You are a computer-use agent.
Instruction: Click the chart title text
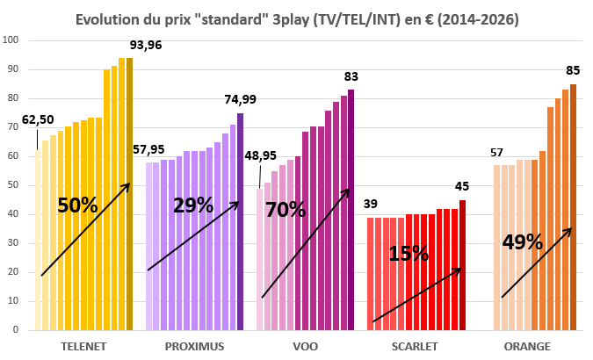click(x=296, y=18)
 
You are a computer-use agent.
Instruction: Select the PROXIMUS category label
click(x=194, y=346)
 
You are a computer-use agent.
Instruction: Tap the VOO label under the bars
click(x=306, y=346)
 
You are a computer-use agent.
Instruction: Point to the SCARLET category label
click(x=416, y=346)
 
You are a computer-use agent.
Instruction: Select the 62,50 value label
click(x=39, y=119)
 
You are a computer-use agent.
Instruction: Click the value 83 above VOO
click(x=351, y=76)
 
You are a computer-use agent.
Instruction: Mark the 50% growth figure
click(x=77, y=205)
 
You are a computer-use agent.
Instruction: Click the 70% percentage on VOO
click(x=285, y=209)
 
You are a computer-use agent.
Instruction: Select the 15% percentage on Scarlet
click(x=409, y=254)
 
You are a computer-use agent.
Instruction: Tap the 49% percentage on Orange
click(x=523, y=241)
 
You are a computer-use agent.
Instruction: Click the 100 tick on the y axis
click(x=11, y=40)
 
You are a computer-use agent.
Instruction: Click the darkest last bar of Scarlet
click(x=462, y=265)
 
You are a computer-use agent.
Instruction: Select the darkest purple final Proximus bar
click(x=240, y=221)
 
